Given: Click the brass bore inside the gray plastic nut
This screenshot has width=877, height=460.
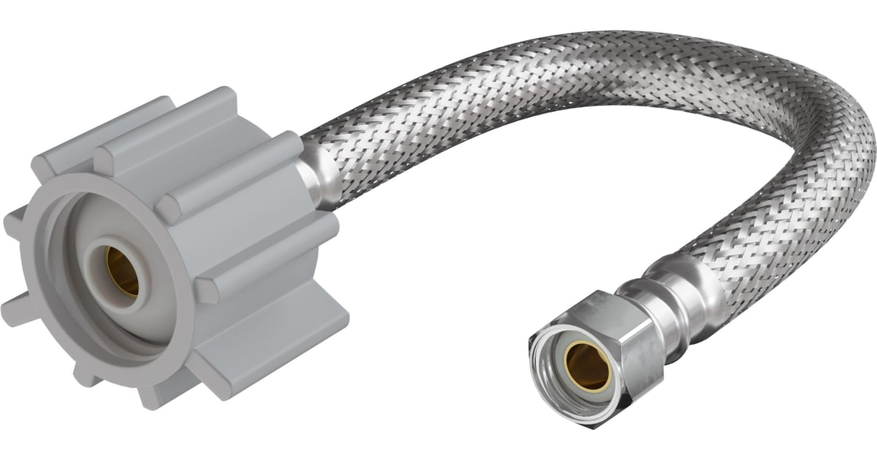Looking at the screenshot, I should [x=121, y=271].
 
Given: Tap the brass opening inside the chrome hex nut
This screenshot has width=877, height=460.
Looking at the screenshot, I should [x=588, y=365].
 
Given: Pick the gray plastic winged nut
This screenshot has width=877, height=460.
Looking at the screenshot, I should [x=175, y=248].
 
